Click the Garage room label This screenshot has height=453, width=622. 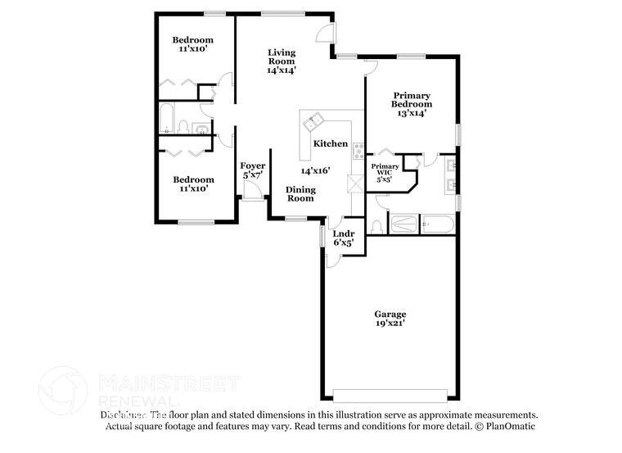click(390, 314)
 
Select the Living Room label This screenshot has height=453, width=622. click(282, 57)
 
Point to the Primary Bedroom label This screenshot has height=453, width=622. click(411, 99)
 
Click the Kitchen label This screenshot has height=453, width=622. click(331, 143)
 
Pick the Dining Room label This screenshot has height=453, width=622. click(300, 193)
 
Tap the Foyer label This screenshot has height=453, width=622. click(253, 165)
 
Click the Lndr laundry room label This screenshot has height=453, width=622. click(343, 233)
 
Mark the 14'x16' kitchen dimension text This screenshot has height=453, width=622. click(314, 170)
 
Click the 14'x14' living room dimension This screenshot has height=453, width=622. click(282, 70)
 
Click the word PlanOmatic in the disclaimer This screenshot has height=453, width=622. click(511, 426)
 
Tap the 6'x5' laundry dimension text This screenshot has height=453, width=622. click(343, 242)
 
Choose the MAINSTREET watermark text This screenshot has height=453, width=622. click(168, 383)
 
